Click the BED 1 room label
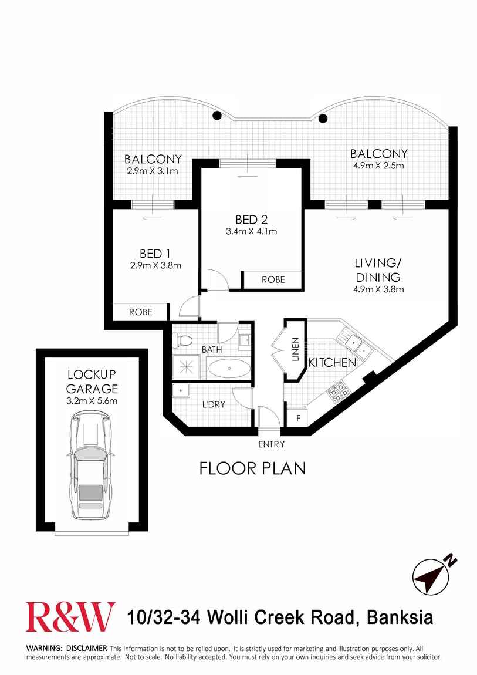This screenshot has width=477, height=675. pos(155,254)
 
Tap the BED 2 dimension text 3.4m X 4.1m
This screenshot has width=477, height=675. pos(251,231)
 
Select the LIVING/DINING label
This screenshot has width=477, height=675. pos(377,270)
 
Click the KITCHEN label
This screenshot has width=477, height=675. pos(332,363)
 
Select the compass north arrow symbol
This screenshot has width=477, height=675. pos(431,575)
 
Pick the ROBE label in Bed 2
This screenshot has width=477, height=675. pos(273,279)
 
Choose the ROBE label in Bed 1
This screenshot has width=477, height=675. pos(140,312)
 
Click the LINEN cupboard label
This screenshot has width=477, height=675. pos(296,350)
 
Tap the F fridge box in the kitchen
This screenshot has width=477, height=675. pos(298,419)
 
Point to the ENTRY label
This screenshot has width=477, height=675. pos(271,444)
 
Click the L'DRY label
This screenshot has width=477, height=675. pos(214,404)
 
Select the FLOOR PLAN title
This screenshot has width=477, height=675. pos(253,468)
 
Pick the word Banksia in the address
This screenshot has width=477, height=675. pos(400,617)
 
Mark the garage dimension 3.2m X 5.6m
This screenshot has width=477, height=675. pos(92,401)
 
